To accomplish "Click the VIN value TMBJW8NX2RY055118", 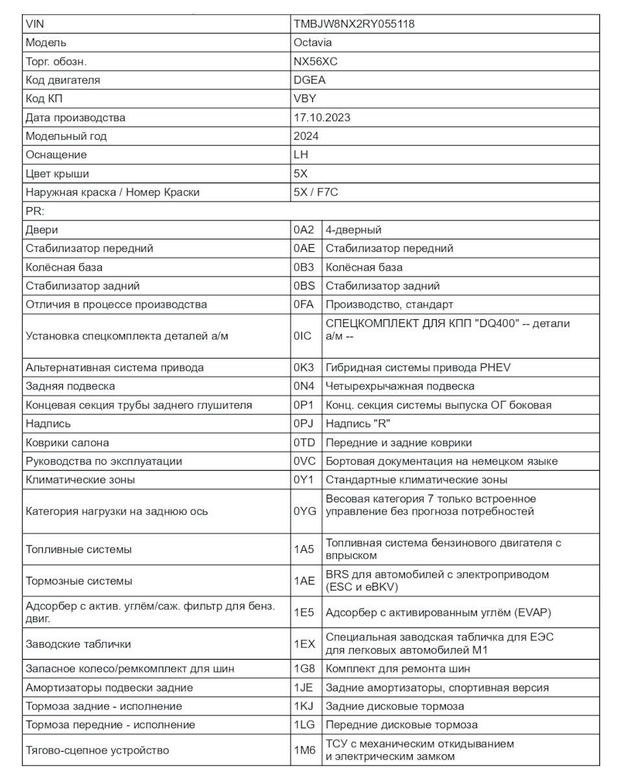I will (354, 24).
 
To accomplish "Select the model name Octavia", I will (312, 43).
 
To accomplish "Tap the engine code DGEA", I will (310, 80).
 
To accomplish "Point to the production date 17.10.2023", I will (322, 118).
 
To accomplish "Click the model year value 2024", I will (306, 136).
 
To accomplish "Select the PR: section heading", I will (34, 211).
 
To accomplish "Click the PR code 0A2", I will (303, 230).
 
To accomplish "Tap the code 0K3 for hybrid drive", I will (303, 368).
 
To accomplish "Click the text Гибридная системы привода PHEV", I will (418, 368).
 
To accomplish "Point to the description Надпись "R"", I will (358, 424).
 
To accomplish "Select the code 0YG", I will (305, 511).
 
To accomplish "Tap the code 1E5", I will (303, 612).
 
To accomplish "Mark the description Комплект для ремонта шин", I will (398, 669).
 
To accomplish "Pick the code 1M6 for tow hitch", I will (304, 750).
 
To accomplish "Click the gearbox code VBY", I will (305, 99).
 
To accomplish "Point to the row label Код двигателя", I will (63, 80).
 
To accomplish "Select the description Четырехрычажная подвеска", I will (400, 386).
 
